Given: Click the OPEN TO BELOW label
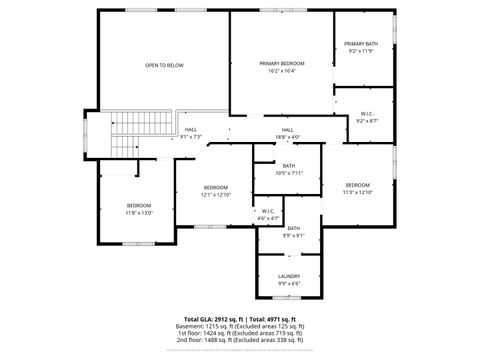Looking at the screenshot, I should click(x=164, y=65).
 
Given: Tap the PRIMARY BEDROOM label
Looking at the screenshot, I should click(x=282, y=63).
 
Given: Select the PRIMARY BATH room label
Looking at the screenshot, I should click(x=360, y=44).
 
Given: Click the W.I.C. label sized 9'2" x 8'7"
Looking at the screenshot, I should click(x=363, y=114).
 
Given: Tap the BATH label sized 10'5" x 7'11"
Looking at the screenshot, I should click(x=288, y=166).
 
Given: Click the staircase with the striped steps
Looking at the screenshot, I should click(x=141, y=124).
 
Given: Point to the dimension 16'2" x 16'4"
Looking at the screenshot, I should click(x=282, y=71).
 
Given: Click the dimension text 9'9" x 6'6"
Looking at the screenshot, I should click(x=289, y=283).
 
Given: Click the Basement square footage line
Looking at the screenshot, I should click(x=240, y=326).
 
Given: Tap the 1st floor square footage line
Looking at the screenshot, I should click(x=240, y=333).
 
